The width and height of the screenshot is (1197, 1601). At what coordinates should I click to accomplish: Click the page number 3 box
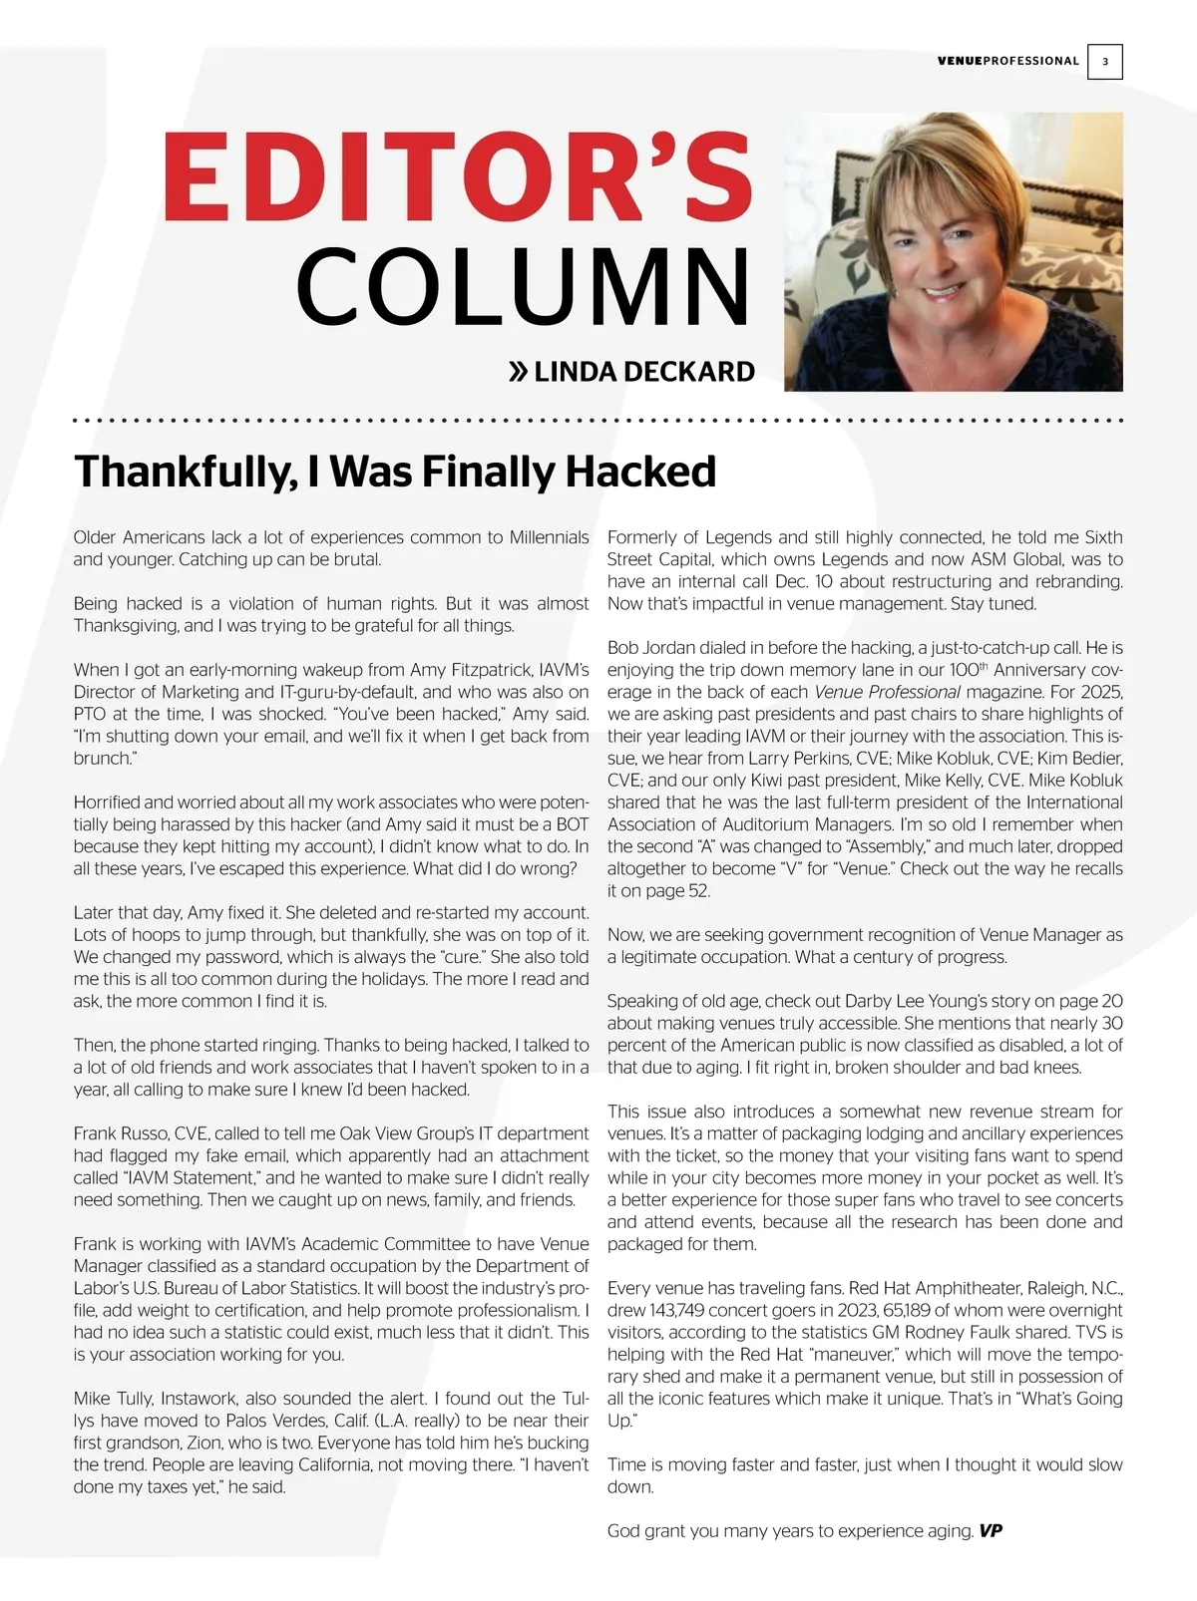click(1104, 62)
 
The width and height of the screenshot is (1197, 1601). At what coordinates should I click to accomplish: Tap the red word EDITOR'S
click(456, 179)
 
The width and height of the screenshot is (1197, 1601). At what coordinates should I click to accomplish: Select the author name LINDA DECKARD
click(644, 372)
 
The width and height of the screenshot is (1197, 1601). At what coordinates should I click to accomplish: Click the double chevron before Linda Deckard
click(518, 373)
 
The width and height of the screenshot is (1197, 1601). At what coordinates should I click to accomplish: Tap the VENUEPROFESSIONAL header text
click(1007, 61)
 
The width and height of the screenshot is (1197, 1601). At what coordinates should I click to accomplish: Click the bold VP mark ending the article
click(990, 1530)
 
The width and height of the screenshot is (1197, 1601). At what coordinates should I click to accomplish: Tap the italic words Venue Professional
click(887, 692)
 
